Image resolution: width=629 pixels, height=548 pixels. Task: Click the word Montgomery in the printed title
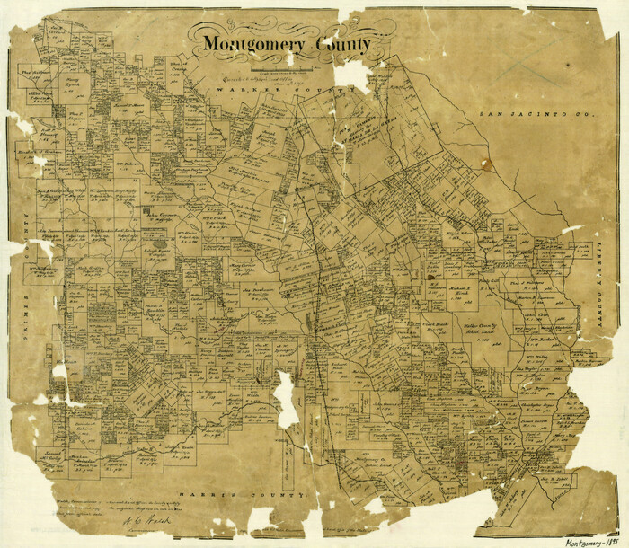click(x=249, y=44)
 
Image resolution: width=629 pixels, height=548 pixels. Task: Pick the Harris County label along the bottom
click(x=215, y=495)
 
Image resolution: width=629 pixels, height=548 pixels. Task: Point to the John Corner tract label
click(x=162, y=217)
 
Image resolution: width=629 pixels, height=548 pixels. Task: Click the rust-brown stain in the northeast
click(x=487, y=164)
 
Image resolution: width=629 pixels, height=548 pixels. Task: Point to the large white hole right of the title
click(x=352, y=75)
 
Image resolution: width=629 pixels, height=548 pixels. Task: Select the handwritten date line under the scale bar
click(x=270, y=79)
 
